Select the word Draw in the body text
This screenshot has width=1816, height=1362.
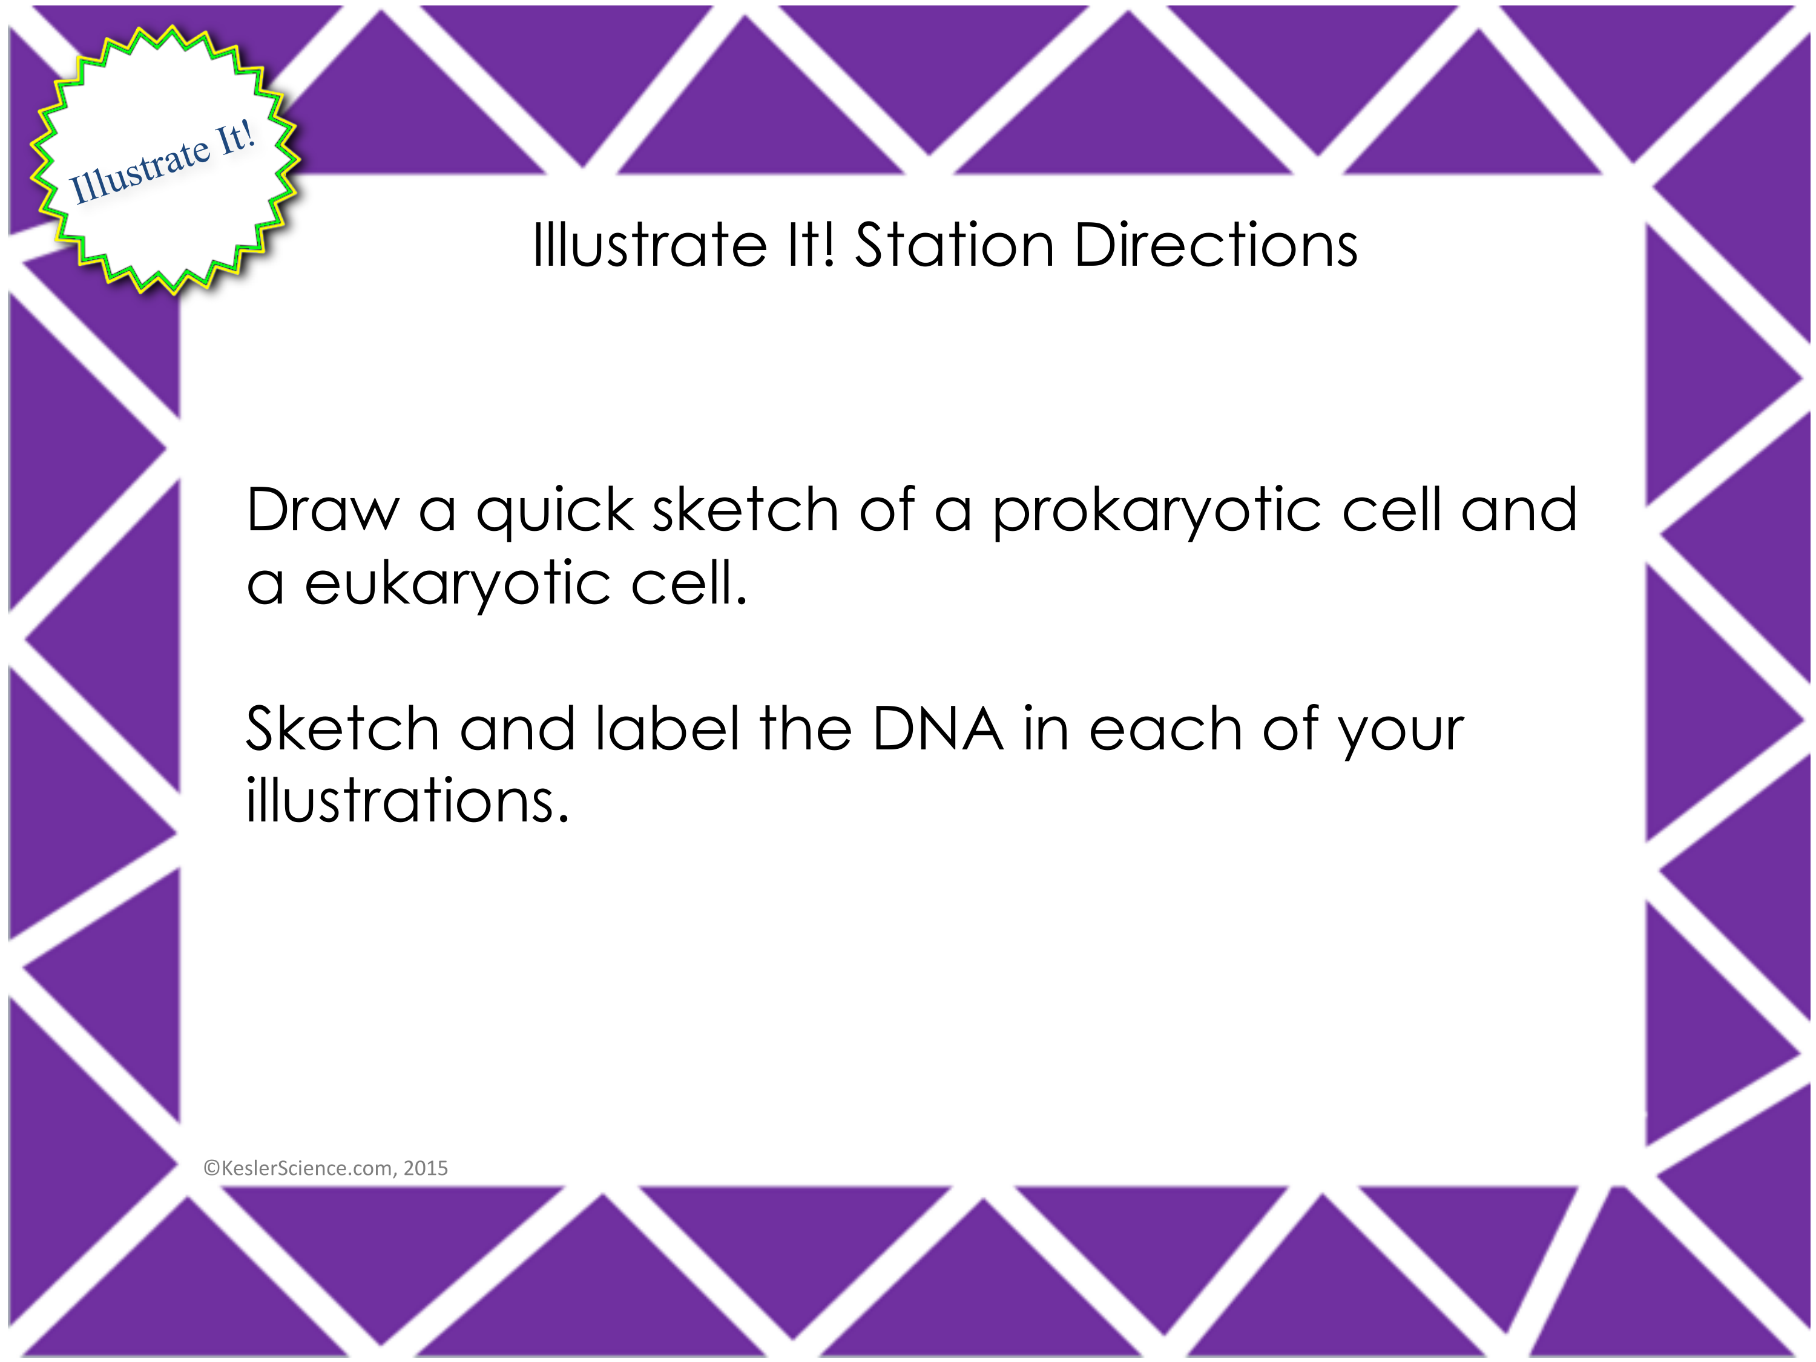(323, 511)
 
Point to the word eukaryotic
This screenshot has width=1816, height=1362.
(457, 585)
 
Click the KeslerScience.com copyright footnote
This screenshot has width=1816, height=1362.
(325, 1168)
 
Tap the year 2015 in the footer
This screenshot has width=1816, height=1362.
(426, 1168)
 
